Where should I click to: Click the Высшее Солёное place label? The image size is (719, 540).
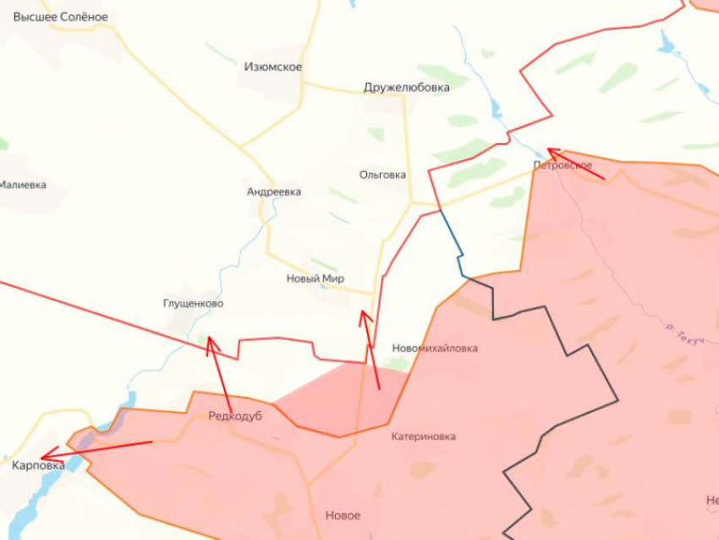point(60,17)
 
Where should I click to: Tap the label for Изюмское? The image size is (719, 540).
point(272,67)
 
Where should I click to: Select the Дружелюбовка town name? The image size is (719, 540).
point(407,86)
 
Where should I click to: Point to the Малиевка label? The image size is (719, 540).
point(22,185)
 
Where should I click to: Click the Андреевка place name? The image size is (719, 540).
point(273,192)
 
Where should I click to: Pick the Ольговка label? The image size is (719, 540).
point(382,175)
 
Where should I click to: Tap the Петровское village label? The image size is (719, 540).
point(563,165)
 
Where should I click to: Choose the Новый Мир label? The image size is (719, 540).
point(315,278)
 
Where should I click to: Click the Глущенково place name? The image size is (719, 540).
point(194,303)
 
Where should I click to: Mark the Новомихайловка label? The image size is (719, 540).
point(435,348)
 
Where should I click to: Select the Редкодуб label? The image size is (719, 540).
point(235,416)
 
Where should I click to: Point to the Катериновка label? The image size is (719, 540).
point(423,437)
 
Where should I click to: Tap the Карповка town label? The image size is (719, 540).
point(38,465)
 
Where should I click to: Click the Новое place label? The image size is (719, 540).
point(343,515)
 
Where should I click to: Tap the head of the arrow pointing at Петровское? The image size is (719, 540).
point(550,151)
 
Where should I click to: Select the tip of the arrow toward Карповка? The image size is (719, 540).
point(43,455)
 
